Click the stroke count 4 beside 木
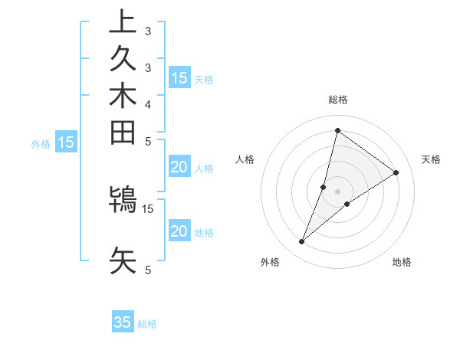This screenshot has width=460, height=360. coord(148,103)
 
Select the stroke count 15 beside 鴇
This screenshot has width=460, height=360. coord(148,208)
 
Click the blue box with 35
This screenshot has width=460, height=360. coord(123,322)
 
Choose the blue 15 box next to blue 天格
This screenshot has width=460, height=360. coord(179,78)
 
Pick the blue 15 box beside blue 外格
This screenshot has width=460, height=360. coord(66,142)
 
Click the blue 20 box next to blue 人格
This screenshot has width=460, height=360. coord(179,168)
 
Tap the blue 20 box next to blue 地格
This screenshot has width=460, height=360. coord(179,232)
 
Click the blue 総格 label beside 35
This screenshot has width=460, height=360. coord(147,324)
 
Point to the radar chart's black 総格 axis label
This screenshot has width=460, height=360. coord(338,100)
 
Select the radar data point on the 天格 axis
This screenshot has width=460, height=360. coord(396,172)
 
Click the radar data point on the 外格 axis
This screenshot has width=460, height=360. coord(302,242)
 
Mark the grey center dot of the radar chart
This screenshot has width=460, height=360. coord(338,191)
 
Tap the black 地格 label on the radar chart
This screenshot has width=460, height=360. coord(402,263)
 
